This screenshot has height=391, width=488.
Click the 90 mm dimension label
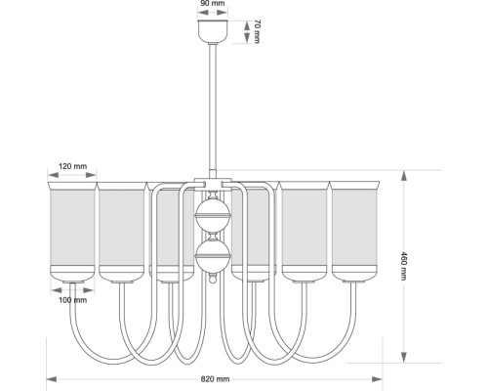pyautogui.click(x=213, y=4)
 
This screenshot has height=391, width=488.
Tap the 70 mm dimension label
pyautogui.click(x=257, y=31)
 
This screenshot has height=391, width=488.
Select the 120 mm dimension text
pyautogui.click(x=73, y=166)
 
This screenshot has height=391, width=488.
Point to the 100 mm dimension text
pyautogui.click(x=73, y=300)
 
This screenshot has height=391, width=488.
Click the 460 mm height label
pyautogui.click(x=403, y=266)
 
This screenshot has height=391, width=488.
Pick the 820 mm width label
pyautogui.click(x=215, y=379)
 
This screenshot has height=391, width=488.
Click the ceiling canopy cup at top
pyautogui.click(x=213, y=31)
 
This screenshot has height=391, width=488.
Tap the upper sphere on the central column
pyautogui.click(x=213, y=215)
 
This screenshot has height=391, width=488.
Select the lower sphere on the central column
pyautogui.click(x=213, y=256)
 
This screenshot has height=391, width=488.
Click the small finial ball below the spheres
pyautogui.click(x=213, y=280)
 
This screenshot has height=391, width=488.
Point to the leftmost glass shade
pyautogui.click(x=72, y=232)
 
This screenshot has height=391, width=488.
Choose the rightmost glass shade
pyautogui.click(x=354, y=232)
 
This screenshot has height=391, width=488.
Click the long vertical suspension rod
pyautogui.click(x=213, y=109)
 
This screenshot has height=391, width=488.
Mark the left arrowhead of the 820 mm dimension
pyautogui.click(x=52, y=379)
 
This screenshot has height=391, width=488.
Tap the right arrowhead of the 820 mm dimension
pyautogui.click(x=377, y=379)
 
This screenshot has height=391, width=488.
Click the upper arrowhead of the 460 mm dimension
pyautogui.click(x=404, y=176)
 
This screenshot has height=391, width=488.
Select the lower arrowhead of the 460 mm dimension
pyautogui.click(x=404, y=357)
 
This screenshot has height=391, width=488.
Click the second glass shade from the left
pyautogui.click(x=122, y=232)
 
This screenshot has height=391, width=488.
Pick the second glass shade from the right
pyautogui.click(x=305, y=232)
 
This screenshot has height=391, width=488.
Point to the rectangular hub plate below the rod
pyautogui.click(x=213, y=183)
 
